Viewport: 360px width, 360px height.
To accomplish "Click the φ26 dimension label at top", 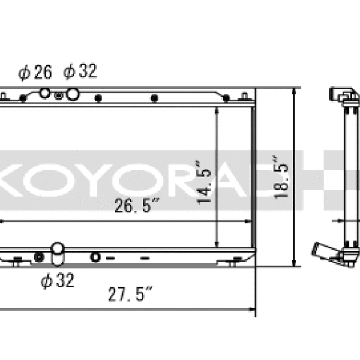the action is (35, 73).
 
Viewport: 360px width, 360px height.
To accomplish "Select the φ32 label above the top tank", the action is (80, 71).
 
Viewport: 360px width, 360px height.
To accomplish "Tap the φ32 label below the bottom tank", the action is (58, 280).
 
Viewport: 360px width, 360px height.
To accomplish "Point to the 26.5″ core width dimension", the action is (137, 205).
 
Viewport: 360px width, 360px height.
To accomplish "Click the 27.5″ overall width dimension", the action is (130, 293).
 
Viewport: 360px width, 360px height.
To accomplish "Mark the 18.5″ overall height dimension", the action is (281, 176).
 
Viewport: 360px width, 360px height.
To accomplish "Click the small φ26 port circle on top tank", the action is (44, 93).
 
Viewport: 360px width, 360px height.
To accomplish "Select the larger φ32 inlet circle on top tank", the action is (73, 94).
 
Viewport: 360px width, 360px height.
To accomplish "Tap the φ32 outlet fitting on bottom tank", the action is (58, 254).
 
